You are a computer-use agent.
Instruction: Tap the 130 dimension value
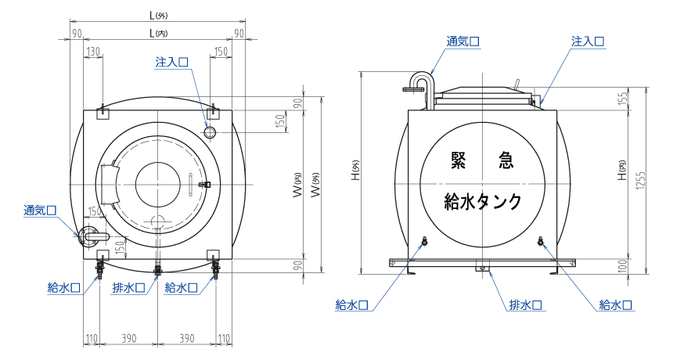[93, 52]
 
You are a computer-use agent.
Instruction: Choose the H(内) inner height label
[622, 175]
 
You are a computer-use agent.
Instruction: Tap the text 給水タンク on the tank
[482, 201]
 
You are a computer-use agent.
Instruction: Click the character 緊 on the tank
[459, 160]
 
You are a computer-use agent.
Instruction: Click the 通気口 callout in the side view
[462, 41]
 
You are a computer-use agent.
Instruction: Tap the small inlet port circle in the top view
[210, 131]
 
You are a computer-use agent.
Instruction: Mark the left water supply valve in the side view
[423, 243]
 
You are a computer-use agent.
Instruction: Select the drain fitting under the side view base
[483, 267]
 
